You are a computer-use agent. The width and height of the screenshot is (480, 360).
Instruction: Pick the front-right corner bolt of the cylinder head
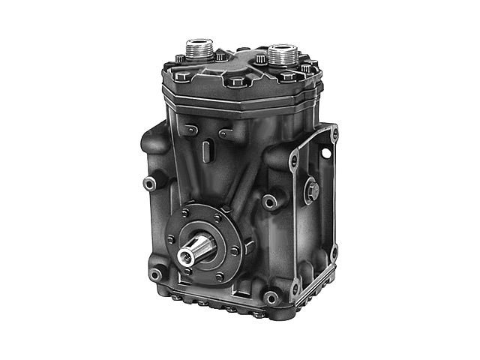pyautogui.click(x=289, y=76)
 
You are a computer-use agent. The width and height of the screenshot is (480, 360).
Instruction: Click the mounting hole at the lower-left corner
pyautogui.click(x=156, y=274)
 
